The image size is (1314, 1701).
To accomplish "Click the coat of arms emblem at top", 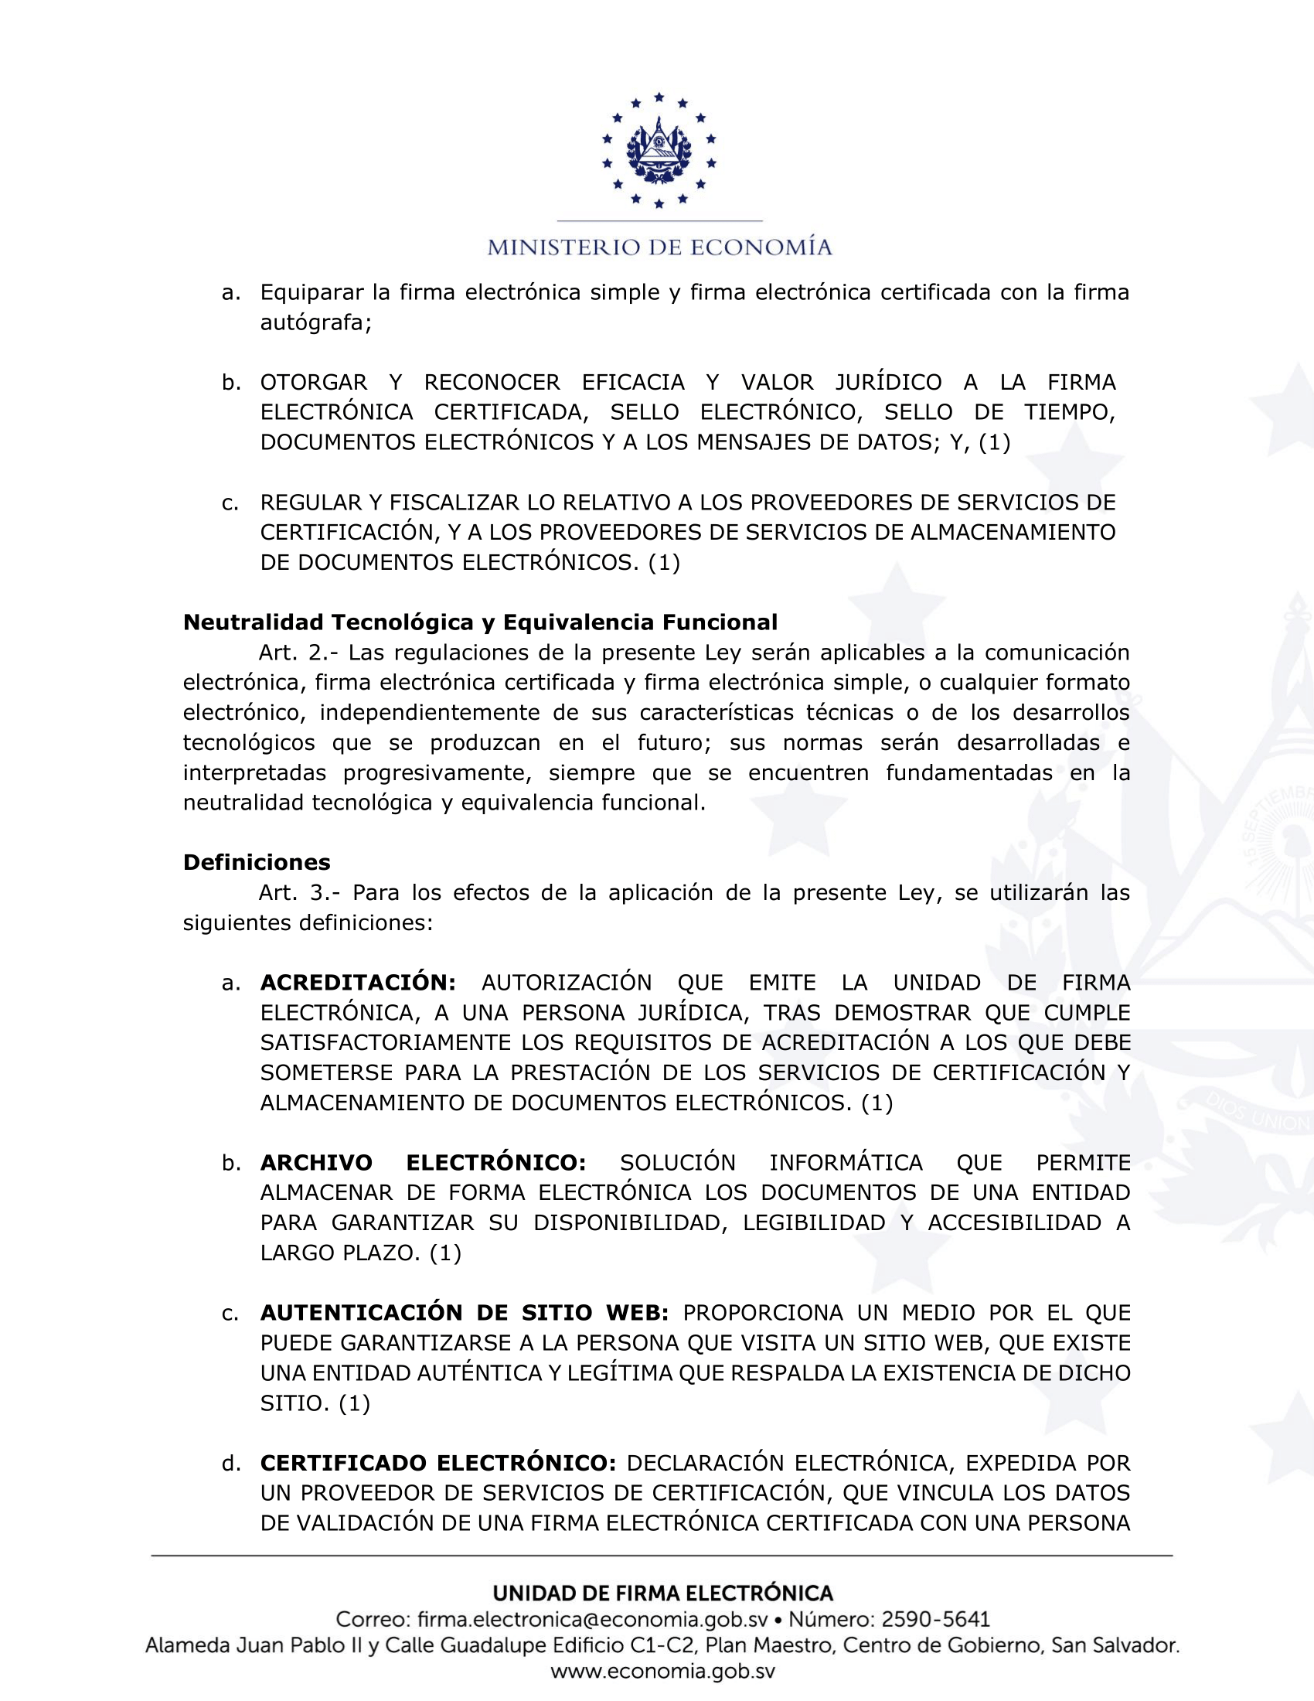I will coord(659,149).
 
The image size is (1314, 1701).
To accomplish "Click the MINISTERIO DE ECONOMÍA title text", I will coord(659,247).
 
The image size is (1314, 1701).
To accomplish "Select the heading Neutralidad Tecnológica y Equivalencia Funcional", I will coord(479,622).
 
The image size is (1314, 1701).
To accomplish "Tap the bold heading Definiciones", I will coord(256,862).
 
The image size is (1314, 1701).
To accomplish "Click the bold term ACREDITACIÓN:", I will coord(357,983).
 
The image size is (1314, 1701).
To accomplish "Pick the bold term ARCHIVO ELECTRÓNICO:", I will coord(423,1163).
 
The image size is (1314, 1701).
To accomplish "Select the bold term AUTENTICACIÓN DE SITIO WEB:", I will coord(464,1313).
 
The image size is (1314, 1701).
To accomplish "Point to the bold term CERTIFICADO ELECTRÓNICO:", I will coord(437,1464).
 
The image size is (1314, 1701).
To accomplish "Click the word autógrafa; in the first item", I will coord(316,322).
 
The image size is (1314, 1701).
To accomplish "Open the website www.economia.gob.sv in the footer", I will coord(662,1672).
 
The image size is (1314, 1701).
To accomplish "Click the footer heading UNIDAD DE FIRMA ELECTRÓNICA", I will coord(662,1594).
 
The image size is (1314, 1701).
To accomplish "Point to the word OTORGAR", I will coord(313,383).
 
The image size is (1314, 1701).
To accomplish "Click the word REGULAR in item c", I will coord(309,503).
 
